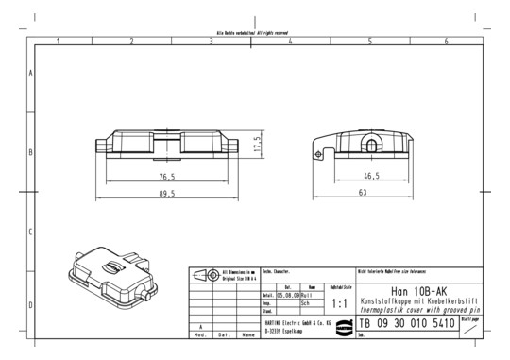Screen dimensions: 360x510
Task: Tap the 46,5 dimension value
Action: pyautogui.click(x=370, y=176)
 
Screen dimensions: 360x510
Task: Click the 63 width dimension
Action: pyautogui.click(x=362, y=192)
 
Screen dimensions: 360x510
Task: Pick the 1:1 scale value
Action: pyautogui.click(x=341, y=305)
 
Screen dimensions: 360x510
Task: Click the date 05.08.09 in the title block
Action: pyautogui.click(x=287, y=294)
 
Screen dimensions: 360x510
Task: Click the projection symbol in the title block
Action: pyautogui.click(x=204, y=276)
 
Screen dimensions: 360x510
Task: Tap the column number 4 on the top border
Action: pyautogui.click(x=290, y=41)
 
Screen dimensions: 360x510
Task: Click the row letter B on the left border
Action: pyautogui.click(x=32, y=151)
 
